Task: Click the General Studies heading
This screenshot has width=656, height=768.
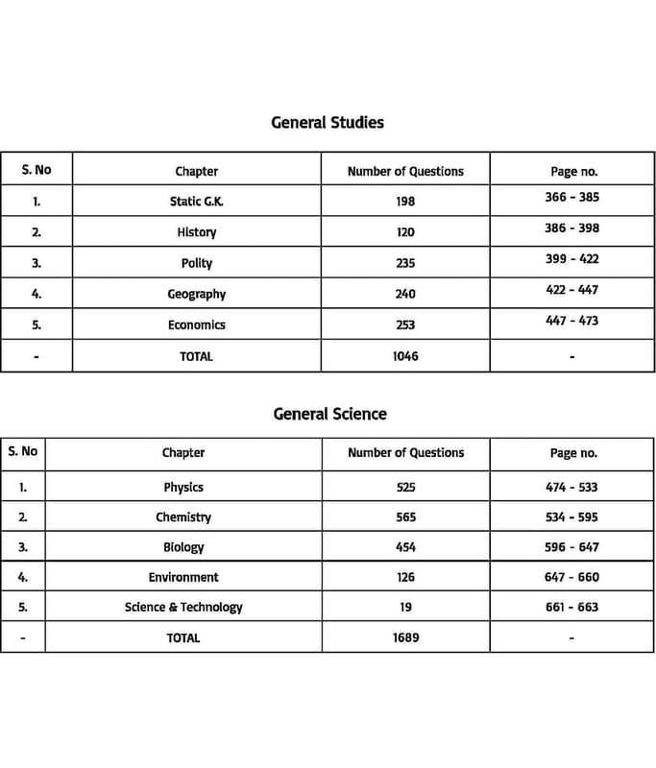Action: point(328,123)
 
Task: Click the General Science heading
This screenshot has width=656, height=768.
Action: point(329,414)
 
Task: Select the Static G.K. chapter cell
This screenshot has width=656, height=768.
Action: point(196,202)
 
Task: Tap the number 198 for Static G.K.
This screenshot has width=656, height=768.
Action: point(405,202)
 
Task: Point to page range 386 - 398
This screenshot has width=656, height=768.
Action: point(571,228)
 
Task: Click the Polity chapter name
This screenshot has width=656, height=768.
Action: point(196,263)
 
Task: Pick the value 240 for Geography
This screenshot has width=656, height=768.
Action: point(405,294)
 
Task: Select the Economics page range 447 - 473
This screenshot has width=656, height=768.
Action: point(571,321)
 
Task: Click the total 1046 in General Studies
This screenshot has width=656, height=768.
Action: point(405,356)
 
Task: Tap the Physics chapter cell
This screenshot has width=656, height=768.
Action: point(183,488)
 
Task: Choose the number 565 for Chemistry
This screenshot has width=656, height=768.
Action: point(405,517)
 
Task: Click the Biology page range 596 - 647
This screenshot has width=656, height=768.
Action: point(571,547)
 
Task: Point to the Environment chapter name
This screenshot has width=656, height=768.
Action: point(183,577)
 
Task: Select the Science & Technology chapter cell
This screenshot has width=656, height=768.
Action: point(183,607)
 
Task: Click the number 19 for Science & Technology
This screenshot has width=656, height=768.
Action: point(405,607)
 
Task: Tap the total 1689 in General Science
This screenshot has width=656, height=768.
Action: point(405,637)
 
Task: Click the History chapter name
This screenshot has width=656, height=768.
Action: point(196,232)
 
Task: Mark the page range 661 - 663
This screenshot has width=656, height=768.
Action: point(571,607)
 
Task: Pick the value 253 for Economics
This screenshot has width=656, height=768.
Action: point(405,325)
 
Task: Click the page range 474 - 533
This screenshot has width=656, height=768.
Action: point(571,488)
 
